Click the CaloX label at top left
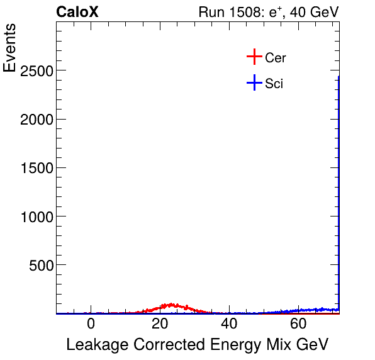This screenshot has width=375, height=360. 77,12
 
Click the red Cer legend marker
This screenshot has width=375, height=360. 254,57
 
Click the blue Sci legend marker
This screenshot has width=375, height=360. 254,82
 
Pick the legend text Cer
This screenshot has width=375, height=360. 276,58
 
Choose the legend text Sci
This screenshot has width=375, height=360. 274,83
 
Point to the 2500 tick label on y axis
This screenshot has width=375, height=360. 36,70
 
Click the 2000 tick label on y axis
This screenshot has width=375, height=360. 36,119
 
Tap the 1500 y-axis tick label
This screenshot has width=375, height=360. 36,167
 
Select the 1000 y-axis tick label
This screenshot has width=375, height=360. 36,216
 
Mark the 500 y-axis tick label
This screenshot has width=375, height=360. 40,264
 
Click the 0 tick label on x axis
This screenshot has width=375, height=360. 91,324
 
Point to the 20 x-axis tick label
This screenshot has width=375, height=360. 160,324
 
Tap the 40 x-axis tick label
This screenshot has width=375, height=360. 229,324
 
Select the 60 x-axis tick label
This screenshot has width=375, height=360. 298,324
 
